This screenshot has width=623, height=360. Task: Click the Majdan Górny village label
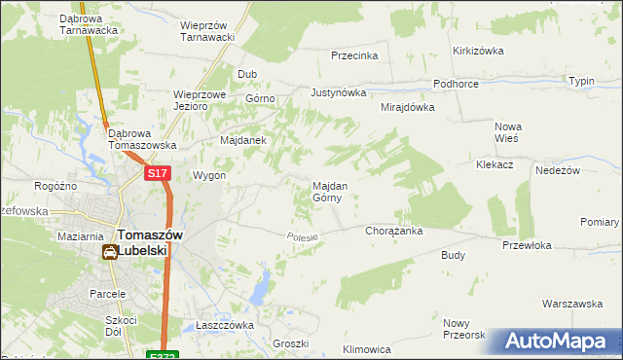[x=326, y=191]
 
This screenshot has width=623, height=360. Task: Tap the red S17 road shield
[x=158, y=173]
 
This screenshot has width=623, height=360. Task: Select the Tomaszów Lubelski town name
[x=142, y=241]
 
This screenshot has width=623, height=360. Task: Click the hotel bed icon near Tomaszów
[x=109, y=253]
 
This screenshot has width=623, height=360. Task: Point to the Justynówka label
[x=338, y=93]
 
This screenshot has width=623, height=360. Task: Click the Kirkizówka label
[x=476, y=51]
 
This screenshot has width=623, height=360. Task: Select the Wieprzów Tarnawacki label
[x=209, y=30]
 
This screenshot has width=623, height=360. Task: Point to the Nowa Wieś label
[x=508, y=131]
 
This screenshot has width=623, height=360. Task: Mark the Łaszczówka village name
[x=224, y=325]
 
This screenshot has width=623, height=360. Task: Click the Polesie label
[x=303, y=236]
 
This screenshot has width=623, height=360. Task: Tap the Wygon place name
[x=209, y=176]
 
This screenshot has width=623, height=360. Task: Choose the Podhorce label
[x=457, y=84]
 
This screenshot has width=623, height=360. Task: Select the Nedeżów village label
[x=558, y=169]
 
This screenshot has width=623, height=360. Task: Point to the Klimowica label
[x=367, y=348]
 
